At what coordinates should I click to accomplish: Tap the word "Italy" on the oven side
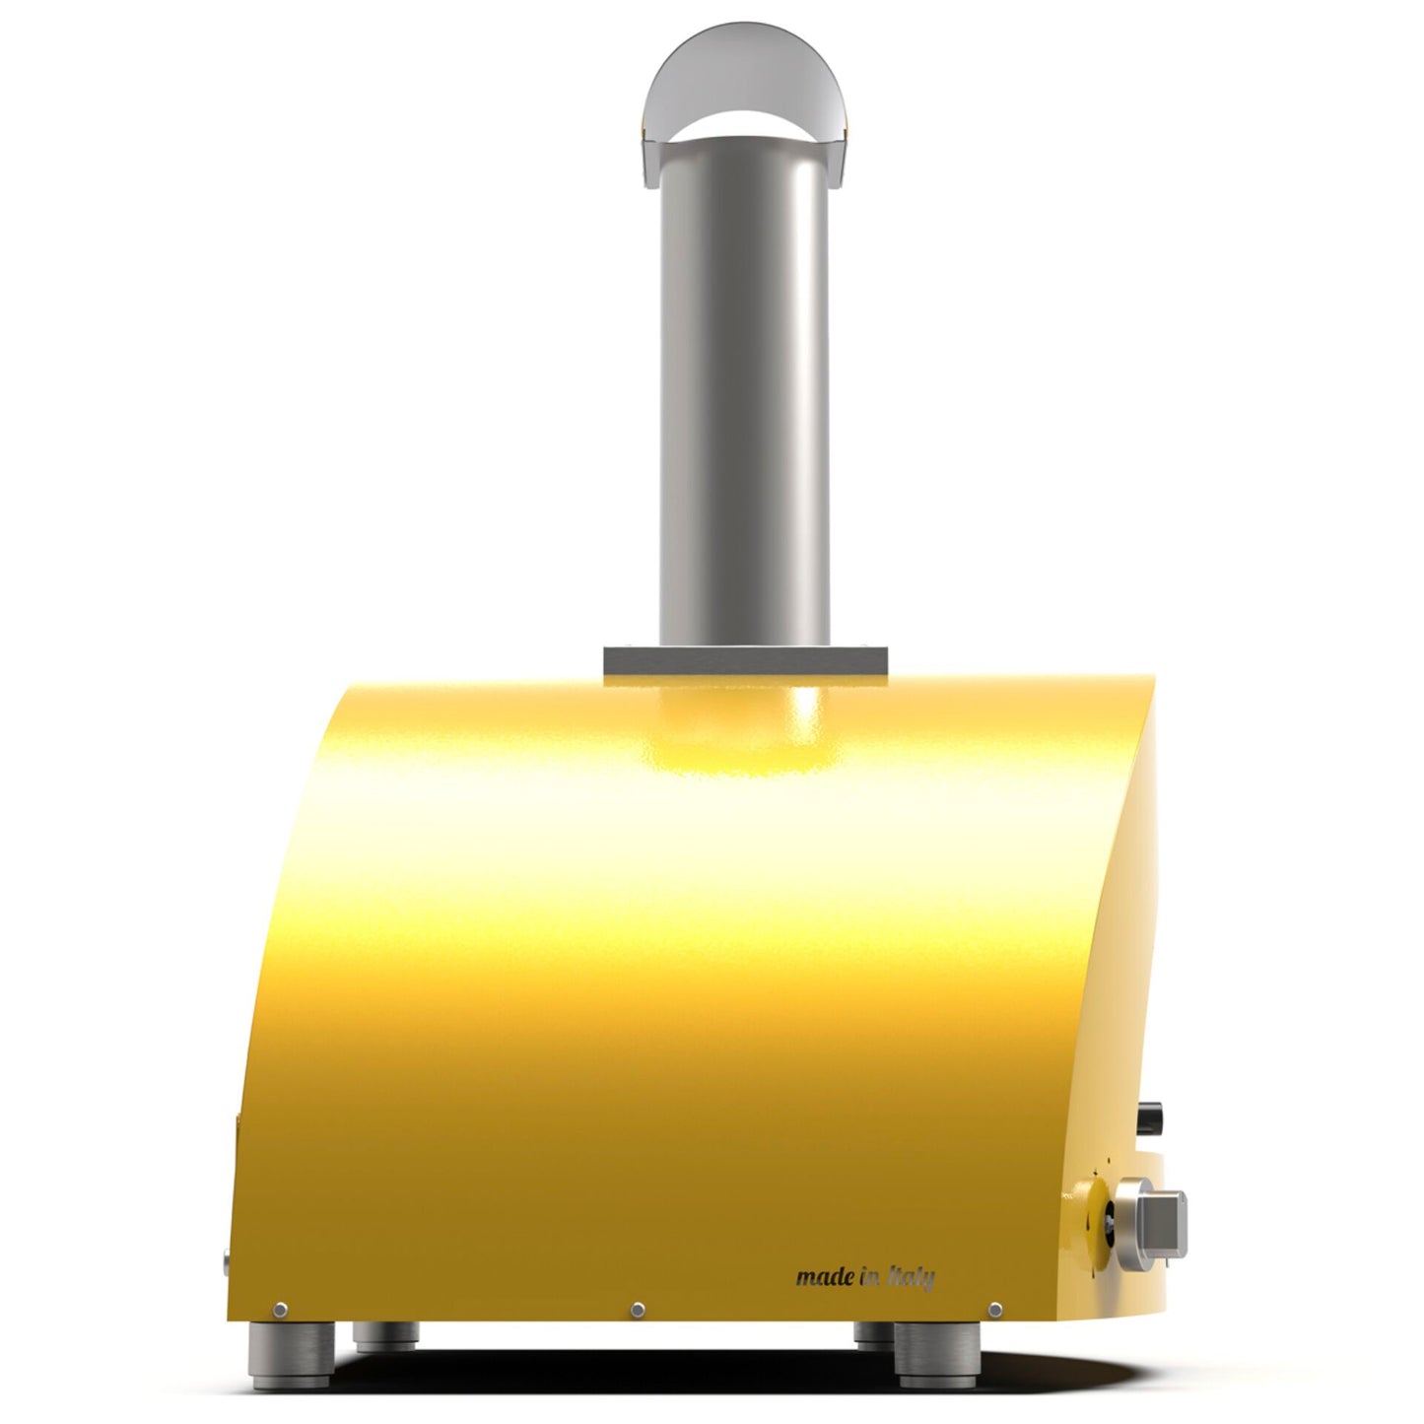[x=911, y=1278]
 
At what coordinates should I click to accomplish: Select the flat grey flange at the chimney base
[x=745, y=662]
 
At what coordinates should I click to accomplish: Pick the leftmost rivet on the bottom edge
[x=281, y=1309]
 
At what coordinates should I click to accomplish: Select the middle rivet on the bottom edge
[x=638, y=1309]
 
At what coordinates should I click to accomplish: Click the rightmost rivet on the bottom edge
[x=995, y=1309]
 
